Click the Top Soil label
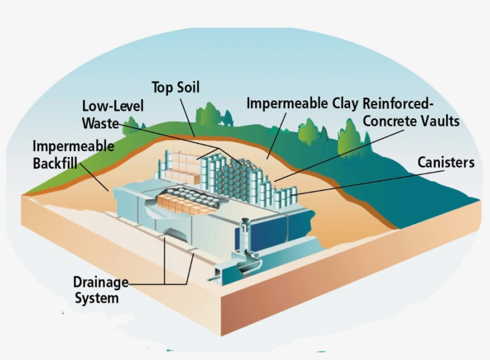tap(176, 88)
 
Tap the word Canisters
tap(446, 162)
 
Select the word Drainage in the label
tap(100, 282)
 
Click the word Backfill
tap(55, 163)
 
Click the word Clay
tap(345, 104)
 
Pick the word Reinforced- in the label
tap(398, 104)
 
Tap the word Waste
tap(100, 123)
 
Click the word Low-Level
tap(113, 106)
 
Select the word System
tap(97, 298)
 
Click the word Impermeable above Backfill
tap(73, 146)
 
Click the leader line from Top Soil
tap(187, 118)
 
